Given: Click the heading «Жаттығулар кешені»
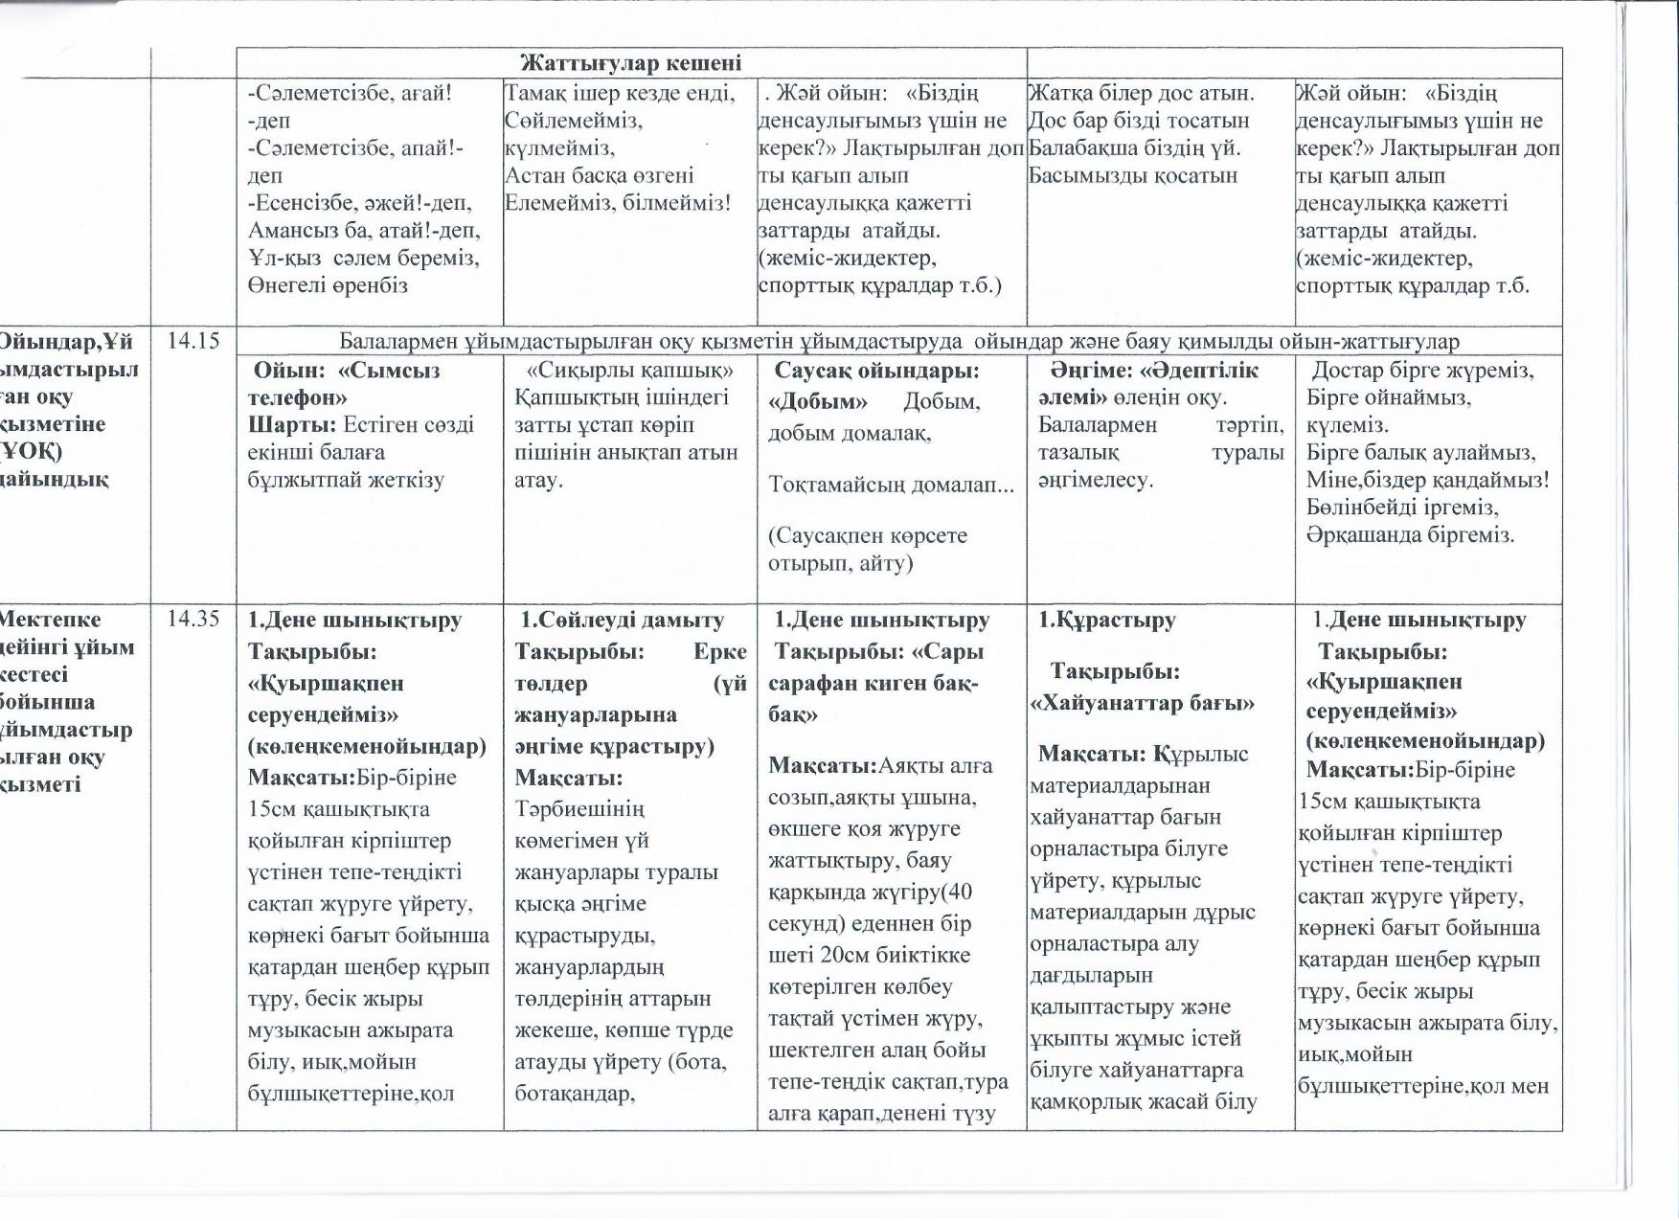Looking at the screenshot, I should (x=630, y=64).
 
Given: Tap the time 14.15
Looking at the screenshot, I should (x=193, y=340).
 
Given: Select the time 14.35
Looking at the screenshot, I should (x=193, y=619).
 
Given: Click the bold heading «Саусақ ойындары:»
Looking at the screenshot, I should (x=876, y=371).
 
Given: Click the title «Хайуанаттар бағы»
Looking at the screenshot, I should (x=1142, y=704).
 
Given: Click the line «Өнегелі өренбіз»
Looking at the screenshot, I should (x=328, y=285).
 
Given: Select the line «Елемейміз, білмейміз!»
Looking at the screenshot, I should (x=618, y=203).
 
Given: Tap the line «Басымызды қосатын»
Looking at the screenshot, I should (x=1132, y=176).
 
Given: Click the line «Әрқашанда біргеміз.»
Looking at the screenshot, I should (x=1410, y=534).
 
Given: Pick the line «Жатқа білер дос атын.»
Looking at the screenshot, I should (x=1140, y=94).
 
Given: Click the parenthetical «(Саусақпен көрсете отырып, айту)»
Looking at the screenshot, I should (x=867, y=549).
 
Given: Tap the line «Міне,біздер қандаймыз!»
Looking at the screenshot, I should (x=1427, y=480).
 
